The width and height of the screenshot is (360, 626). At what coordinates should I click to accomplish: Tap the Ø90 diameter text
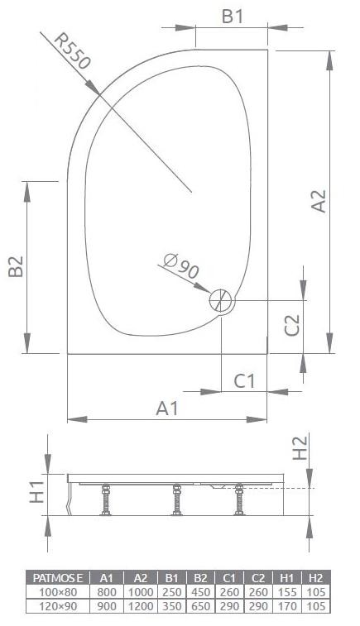pyautogui.click(x=181, y=266)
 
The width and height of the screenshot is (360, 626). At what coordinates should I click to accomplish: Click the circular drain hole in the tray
pyautogui.click(x=221, y=300)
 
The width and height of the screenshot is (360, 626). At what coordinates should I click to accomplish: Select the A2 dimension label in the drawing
pyautogui.click(x=318, y=202)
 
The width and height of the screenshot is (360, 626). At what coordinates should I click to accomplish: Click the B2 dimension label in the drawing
pyautogui.click(x=14, y=266)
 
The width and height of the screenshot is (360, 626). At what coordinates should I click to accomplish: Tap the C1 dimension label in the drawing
pyautogui.click(x=245, y=381)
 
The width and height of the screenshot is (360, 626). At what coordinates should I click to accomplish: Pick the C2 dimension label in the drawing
pyautogui.click(x=291, y=325)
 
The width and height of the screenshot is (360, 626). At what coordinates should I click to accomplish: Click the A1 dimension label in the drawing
pyautogui.click(x=167, y=408)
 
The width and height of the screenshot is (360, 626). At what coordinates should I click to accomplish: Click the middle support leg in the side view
pyautogui.click(x=175, y=502)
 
